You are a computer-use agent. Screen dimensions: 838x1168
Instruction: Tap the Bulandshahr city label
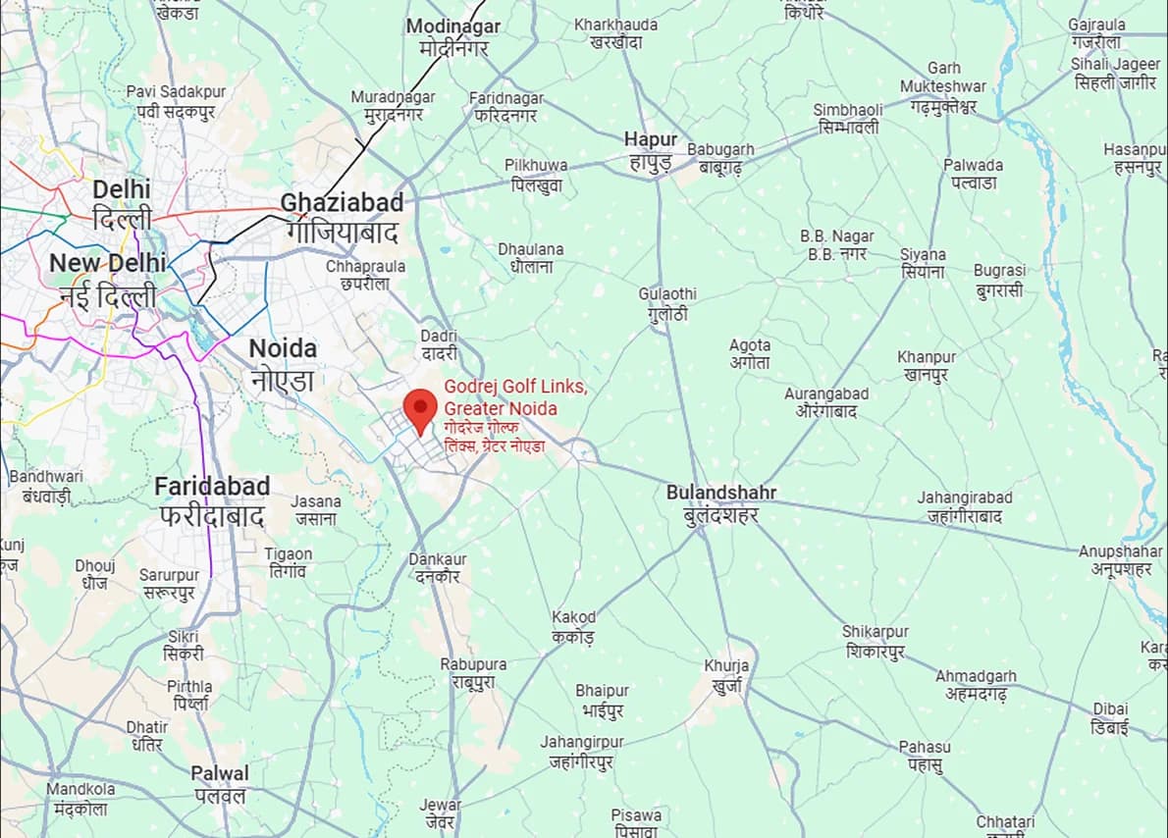click(721, 503)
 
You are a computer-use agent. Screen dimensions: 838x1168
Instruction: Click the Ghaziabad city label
click(342, 216)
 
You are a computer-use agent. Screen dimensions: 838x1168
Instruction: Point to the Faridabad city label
click(212, 500)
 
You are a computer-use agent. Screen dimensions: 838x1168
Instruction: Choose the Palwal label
click(220, 784)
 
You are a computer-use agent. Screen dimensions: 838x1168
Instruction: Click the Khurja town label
click(726, 675)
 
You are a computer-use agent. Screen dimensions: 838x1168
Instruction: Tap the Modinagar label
click(452, 36)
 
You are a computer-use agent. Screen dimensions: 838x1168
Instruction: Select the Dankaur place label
click(437, 568)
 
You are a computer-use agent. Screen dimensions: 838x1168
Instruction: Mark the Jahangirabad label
click(964, 506)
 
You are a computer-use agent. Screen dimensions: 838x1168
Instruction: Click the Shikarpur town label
click(876, 641)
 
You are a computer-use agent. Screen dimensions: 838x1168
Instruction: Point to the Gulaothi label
click(667, 304)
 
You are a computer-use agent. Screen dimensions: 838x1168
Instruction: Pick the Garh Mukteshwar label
click(943, 87)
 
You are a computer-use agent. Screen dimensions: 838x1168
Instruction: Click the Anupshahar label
click(1120, 560)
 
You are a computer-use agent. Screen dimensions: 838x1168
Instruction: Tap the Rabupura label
click(473, 673)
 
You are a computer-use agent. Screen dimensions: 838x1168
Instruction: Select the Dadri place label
click(439, 344)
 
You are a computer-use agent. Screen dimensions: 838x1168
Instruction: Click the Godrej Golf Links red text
click(514, 397)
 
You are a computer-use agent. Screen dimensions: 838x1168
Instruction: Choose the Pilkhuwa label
click(536, 175)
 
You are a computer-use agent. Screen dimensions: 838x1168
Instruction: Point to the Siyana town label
click(923, 263)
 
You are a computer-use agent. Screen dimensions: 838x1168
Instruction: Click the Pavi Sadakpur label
click(176, 101)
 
